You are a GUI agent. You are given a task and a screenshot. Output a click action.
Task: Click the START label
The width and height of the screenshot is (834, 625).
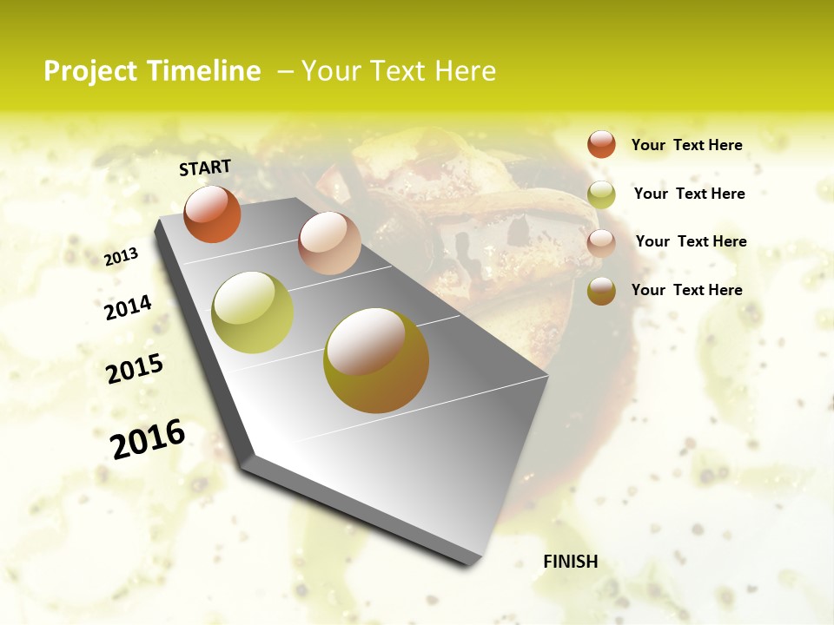(x=205, y=168)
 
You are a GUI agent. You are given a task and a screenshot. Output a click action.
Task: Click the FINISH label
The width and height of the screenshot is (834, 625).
(x=570, y=562)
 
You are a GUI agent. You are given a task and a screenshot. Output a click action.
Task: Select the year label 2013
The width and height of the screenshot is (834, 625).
(x=122, y=256)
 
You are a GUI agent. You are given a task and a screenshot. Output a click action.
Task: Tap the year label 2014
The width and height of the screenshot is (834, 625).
(x=129, y=307)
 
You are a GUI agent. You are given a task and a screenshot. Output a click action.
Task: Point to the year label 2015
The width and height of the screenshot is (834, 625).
(x=135, y=369)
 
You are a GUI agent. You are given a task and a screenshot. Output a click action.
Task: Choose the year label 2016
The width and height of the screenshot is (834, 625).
(x=148, y=438)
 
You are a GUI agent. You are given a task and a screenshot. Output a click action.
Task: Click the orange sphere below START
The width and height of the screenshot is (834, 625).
(x=212, y=214)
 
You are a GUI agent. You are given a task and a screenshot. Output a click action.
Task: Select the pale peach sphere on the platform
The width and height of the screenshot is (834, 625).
(x=329, y=243)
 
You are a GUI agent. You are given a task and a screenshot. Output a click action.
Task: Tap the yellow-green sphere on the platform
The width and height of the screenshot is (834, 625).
(x=253, y=312)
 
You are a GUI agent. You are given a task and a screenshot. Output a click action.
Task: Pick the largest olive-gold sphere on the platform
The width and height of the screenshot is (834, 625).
(x=376, y=360)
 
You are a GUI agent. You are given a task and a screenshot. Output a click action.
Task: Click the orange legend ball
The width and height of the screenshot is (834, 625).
(x=601, y=144)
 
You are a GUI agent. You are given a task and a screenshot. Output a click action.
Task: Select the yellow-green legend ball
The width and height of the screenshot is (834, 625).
(x=601, y=194)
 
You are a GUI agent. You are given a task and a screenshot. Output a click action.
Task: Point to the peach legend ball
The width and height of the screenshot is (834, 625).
(x=601, y=243)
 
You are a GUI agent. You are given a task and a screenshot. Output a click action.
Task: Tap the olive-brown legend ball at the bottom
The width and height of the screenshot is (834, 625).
(x=601, y=291)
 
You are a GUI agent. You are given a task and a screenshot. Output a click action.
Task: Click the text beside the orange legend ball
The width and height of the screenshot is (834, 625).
(x=686, y=145)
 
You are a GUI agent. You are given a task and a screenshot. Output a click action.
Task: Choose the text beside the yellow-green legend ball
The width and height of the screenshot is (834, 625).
(x=689, y=194)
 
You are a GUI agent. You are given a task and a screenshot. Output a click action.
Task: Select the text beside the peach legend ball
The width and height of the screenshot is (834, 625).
(x=691, y=241)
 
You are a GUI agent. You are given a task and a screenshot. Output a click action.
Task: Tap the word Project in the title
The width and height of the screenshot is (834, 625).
(x=89, y=71)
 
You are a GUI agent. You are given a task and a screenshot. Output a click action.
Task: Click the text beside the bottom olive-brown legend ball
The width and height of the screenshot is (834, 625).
(x=686, y=290)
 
